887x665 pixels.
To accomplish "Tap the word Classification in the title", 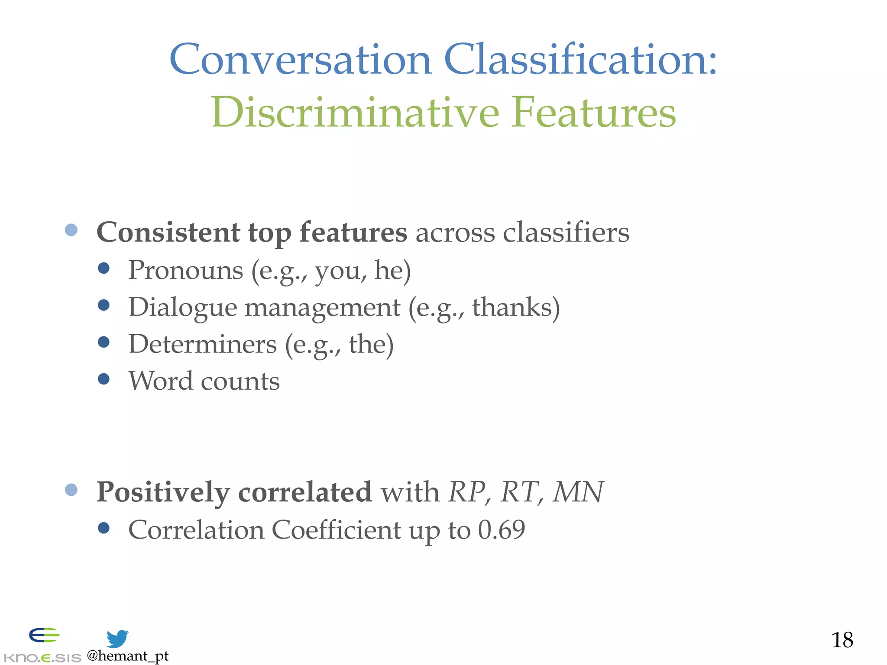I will point(580,60).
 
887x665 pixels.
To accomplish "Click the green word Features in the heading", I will point(593,113).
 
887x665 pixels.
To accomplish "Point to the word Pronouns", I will point(185,271).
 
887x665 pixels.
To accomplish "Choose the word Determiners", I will point(203,345).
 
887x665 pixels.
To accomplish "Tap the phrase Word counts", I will point(204,381).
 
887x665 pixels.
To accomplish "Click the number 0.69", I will point(502,530).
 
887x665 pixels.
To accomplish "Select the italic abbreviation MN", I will point(578,492).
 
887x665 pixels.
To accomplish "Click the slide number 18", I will point(842,640).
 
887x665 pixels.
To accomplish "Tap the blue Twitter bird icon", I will point(117,639).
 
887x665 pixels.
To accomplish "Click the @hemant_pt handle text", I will point(127,656).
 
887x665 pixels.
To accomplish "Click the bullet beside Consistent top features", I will point(71,230).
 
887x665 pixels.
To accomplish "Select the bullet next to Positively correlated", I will point(71,490).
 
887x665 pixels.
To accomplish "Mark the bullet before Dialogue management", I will point(104,305).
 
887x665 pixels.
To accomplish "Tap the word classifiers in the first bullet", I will point(566,232).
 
